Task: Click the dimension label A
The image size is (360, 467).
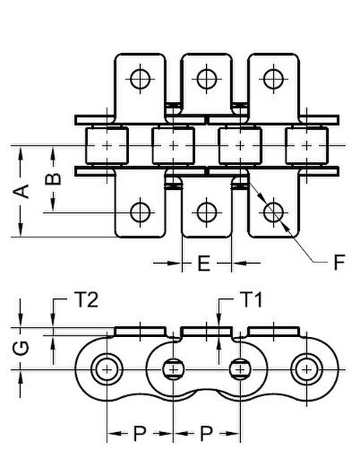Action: coord(22,191)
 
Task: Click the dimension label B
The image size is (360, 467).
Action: coord(53,179)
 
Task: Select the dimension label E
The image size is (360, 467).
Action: coord(204,263)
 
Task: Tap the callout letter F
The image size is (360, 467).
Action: coord(339,262)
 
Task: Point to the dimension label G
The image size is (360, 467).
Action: coord(21,349)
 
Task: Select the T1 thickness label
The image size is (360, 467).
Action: coord(251,300)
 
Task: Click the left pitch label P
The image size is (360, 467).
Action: coord(140,434)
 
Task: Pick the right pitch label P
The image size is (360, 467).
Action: coord(207,434)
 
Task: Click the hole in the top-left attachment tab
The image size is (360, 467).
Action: coord(140,79)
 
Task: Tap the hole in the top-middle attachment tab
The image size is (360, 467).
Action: coord(207,79)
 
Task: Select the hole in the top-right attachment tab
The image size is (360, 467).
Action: coord(274,79)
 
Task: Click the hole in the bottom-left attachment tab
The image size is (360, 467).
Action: coord(140,212)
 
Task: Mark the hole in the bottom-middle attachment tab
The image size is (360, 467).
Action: coord(207,212)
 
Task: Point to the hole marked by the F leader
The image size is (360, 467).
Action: coord(274,212)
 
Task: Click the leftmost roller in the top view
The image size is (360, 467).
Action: coord(107,146)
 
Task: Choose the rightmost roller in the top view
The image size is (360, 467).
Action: coord(307,146)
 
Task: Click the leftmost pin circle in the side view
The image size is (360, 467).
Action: coord(107,370)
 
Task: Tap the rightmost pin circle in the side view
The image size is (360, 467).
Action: coord(306,370)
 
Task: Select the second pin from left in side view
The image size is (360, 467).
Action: coord(173,370)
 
